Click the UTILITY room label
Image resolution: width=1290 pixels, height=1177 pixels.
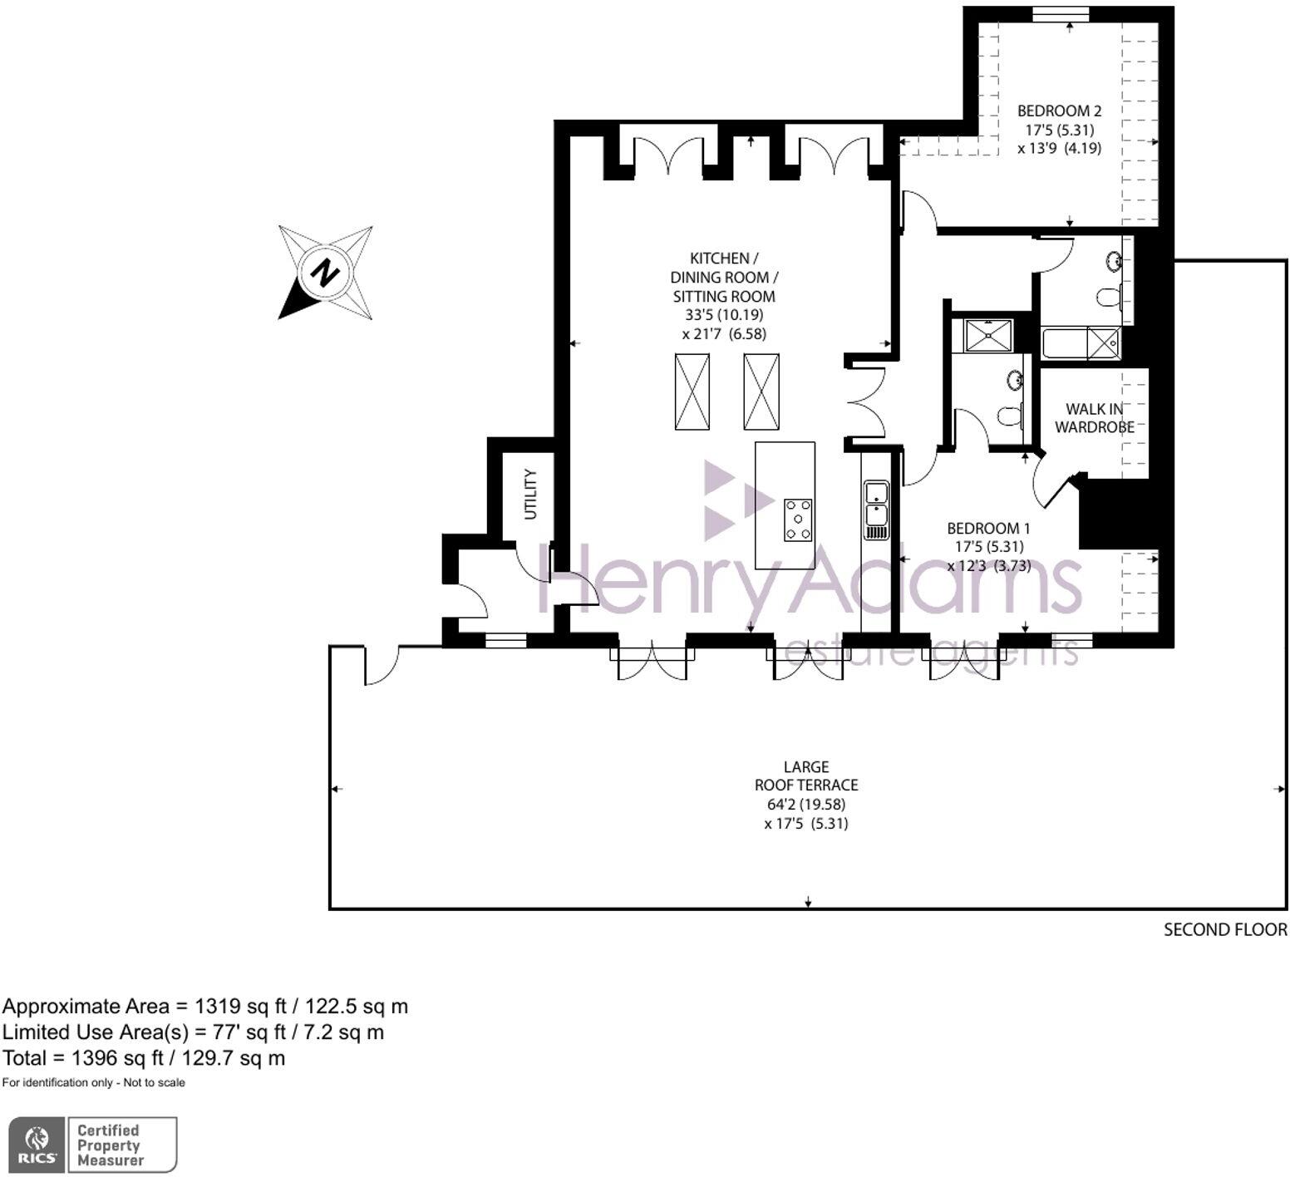[530, 494]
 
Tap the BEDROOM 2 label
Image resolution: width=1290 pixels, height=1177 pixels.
[1059, 111]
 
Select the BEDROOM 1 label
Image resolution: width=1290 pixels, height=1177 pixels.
[988, 528]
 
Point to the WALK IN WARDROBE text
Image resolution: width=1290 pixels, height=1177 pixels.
[1094, 417]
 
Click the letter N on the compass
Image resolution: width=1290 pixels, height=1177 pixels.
[325, 272]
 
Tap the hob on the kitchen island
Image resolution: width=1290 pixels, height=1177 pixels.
[798, 520]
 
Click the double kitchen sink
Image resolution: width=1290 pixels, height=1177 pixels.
[876, 510]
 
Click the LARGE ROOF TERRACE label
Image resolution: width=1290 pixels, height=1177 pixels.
[805, 776]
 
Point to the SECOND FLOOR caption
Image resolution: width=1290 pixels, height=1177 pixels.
[1224, 929]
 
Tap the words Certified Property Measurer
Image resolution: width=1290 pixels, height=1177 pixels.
[110, 1145]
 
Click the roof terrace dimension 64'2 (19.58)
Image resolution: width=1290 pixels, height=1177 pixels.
[805, 804]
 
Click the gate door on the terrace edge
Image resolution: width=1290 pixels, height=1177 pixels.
[380, 666]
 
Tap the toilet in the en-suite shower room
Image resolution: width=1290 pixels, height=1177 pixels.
[1009, 416]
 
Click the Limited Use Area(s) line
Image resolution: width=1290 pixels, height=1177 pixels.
[193, 1032]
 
